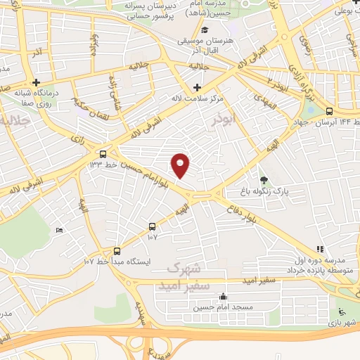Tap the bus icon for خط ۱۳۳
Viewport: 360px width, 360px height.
pos(103,154)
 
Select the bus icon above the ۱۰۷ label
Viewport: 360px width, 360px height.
pos(153,226)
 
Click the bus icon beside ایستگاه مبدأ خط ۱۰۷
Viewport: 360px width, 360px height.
pos(117,250)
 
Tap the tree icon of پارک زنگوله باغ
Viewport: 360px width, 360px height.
pos(264,181)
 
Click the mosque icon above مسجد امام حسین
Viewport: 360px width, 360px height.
pos(224,296)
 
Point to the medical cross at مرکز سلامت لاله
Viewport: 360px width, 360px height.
pos(196,87)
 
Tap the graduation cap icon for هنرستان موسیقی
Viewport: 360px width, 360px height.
pos(205,30)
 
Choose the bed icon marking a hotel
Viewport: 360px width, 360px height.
pos(59,231)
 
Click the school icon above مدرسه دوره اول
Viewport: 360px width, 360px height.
pos(320,248)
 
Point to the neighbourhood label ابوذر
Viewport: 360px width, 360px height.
pos(248,119)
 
